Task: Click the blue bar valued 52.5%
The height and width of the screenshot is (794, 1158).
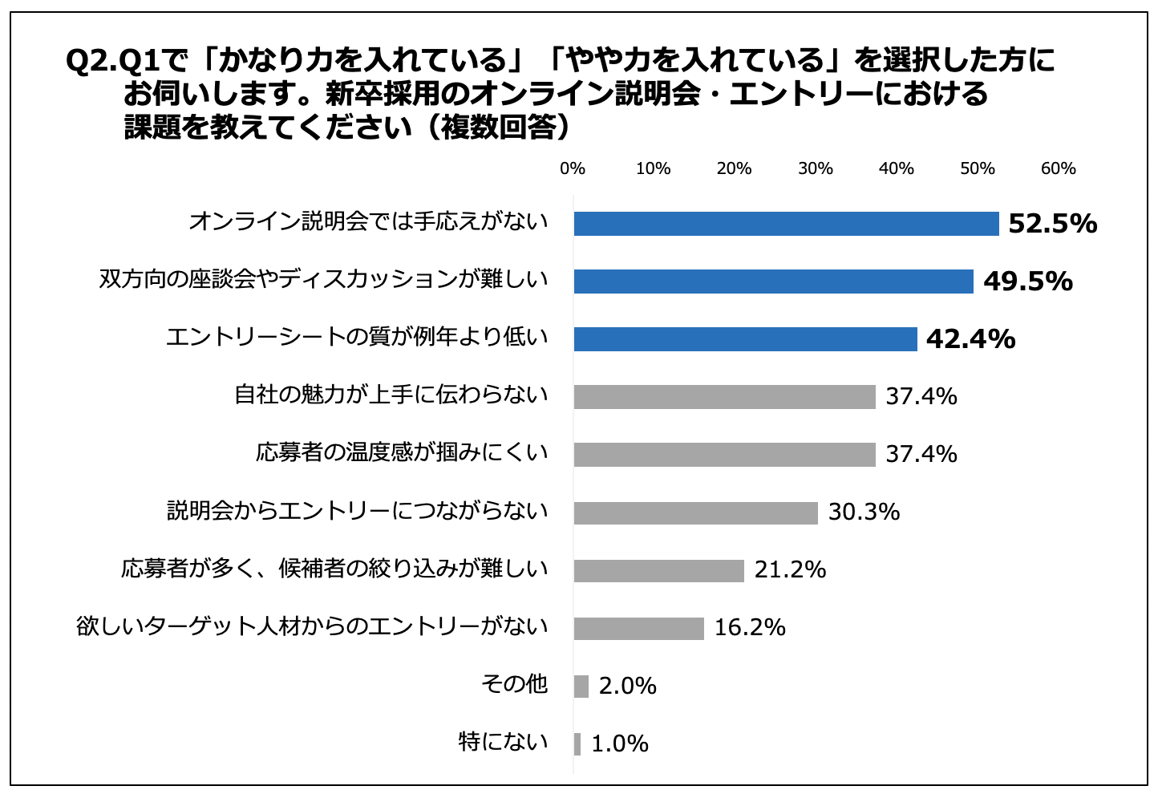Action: (x=786, y=224)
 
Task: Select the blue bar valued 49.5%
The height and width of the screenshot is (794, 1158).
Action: (x=773, y=282)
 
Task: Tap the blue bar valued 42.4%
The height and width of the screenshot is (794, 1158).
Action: (x=745, y=339)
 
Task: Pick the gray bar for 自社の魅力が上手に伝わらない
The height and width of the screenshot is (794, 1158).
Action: (x=724, y=397)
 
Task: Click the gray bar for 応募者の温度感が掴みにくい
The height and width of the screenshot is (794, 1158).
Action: (x=724, y=455)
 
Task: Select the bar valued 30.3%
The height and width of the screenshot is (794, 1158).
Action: (x=695, y=512)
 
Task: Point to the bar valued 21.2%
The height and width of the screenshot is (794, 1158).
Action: (x=658, y=570)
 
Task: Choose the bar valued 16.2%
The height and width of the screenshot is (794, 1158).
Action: (x=638, y=628)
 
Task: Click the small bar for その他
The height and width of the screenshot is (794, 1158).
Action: (x=581, y=687)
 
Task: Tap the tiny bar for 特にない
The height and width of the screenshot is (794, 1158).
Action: (x=577, y=744)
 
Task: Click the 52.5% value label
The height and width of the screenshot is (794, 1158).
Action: (x=1052, y=224)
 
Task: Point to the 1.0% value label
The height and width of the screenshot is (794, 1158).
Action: (x=620, y=744)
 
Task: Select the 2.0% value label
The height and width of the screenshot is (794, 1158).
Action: (x=627, y=687)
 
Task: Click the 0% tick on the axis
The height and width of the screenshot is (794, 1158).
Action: (x=573, y=169)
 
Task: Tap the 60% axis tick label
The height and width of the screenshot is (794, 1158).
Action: (x=1058, y=169)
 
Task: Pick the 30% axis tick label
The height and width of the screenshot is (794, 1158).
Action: (x=816, y=169)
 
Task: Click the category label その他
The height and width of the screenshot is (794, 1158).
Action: (x=514, y=684)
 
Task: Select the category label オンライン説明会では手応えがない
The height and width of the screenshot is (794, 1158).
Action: (x=368, y=222)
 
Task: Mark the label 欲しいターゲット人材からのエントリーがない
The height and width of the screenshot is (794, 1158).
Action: (x=312, y=626)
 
